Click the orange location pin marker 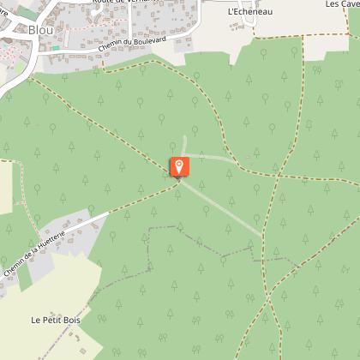pyautogui.click(x=179, y=166)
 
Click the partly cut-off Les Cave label pyautogui.click(x=344, y=3)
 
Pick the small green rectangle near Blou pyautogui.click(x=55, y=48)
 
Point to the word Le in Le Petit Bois pyautogui.click(x=36, y=320)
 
